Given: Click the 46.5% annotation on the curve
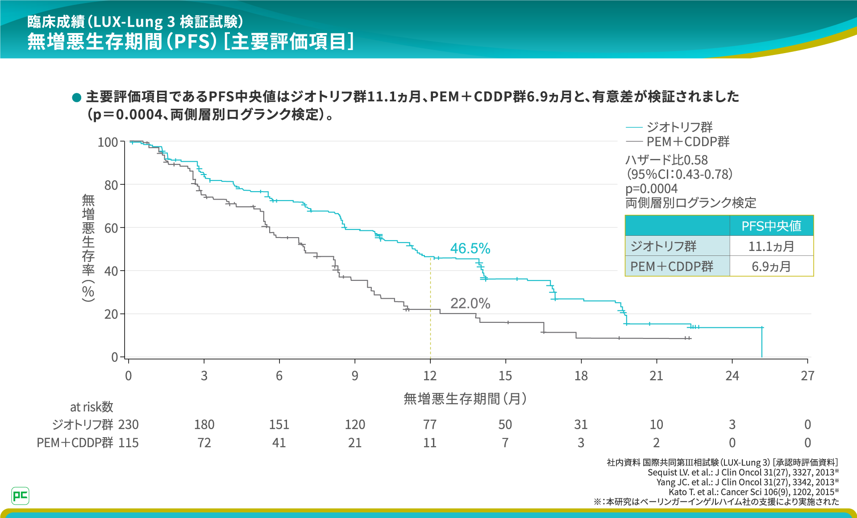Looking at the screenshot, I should pos(470,248).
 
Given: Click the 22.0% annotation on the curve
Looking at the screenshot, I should pos(470,304).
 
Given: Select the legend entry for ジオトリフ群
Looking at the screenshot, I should pos(679,127).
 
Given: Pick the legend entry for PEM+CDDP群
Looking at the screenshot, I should pos(687,142).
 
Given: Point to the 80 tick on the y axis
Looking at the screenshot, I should pos(111,185).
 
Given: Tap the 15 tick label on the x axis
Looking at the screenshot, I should pos(505,376).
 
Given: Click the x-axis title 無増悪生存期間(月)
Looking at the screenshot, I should pos(465,398).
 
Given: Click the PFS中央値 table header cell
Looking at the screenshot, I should pos(771,226).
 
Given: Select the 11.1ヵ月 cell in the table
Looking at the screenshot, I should pos(771,246).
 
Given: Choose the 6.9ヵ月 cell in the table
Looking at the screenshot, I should pos(771,267).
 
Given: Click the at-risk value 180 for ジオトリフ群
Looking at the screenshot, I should pos(204,425).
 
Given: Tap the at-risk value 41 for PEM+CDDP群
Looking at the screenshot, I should pos(279,443).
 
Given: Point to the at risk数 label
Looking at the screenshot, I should pos(92,407).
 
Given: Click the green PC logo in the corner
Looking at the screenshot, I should pos(20,496).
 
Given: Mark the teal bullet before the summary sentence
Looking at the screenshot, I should pos(76,97).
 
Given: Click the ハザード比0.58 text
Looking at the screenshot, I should pos(666,160).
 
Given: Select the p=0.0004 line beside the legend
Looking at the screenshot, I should pos(651,188).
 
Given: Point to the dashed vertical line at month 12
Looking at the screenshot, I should pos(430,308).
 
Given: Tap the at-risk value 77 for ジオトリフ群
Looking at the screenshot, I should pos(430,425).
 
